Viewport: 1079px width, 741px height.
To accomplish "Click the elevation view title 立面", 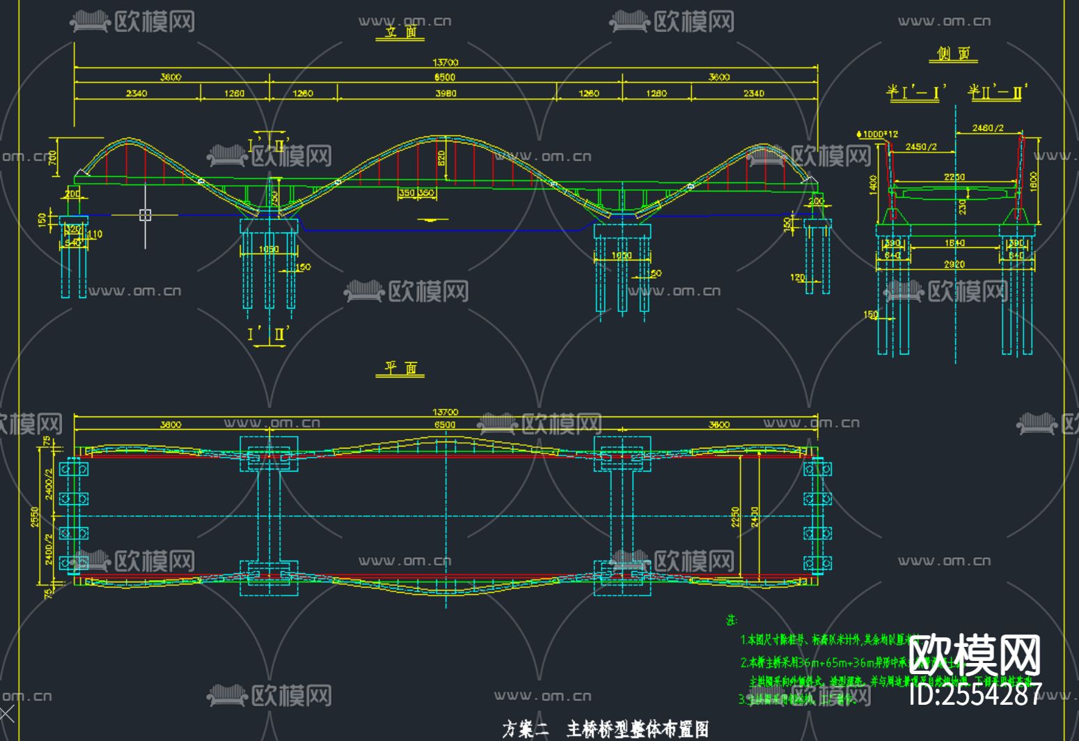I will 400,32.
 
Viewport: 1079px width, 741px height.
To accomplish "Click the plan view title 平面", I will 400,368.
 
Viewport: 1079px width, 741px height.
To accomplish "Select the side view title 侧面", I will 953,54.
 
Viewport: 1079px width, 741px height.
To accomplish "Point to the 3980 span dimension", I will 446,93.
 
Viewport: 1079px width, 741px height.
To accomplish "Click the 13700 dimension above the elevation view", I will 446,63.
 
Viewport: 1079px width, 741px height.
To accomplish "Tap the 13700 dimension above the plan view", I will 446,412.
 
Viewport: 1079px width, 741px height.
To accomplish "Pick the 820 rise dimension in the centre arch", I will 441,159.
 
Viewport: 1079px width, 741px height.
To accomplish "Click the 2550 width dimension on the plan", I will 35,516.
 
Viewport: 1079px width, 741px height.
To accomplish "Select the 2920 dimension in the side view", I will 954,265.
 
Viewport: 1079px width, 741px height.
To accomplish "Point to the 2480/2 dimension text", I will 988,128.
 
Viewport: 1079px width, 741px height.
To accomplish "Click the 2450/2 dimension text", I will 921,147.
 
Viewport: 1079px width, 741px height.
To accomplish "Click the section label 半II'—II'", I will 997,92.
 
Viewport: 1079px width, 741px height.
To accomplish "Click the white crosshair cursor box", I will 145,215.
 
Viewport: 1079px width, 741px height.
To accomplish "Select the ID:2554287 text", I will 975,694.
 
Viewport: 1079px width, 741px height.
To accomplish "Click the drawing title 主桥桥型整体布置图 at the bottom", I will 637,729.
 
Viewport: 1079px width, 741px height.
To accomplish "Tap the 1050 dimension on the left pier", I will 269,249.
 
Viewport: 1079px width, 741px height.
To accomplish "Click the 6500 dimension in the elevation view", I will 445,77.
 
